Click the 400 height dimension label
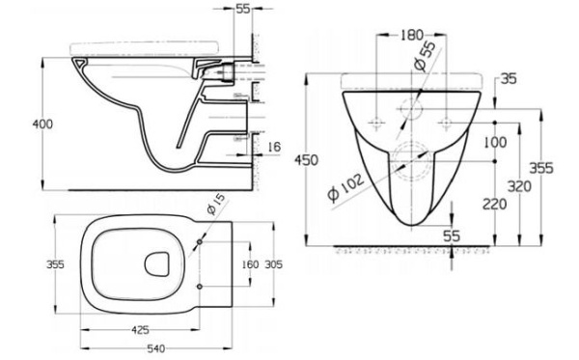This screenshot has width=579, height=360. (x=16, y=124)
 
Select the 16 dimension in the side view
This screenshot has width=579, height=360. (x=276, y=146)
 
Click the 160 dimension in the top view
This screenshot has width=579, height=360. (x=250, y=263)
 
